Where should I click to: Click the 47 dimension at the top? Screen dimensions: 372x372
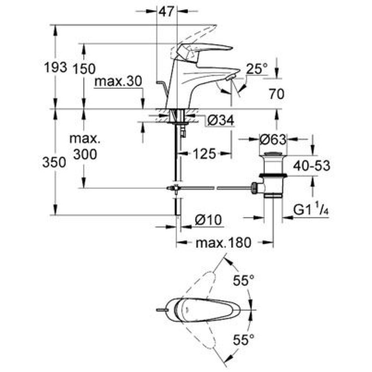coord(167,11)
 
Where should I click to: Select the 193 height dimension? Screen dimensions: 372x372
coord(55,68)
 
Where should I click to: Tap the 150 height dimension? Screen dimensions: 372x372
coord(84,69)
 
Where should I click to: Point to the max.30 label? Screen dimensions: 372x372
coord(118,81)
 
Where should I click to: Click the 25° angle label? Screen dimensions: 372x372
coord(256,69)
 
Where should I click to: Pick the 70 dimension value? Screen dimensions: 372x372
coord(277,94)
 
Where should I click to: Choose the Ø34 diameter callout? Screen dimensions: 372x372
coord(221,121)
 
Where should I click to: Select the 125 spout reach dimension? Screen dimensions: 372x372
coord(204,154)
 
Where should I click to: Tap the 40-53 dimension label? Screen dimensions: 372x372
coord(311,166)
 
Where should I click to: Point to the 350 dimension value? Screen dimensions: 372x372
coord(54,163)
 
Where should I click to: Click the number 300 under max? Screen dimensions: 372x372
coord(85,154)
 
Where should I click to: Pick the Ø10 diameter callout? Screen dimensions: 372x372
coord(208,220)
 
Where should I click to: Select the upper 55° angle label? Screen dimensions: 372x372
coord(244,280)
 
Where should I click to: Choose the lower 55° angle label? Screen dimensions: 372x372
coord(244,340)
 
